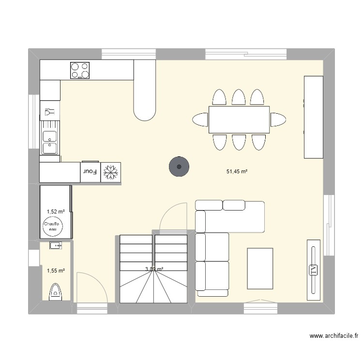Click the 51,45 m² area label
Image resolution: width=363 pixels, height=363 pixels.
[237, 171]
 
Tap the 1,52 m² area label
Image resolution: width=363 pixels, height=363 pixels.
[56, 212]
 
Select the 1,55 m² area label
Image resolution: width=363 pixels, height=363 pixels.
[56, 271]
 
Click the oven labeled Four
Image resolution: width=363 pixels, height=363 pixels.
[91, 172]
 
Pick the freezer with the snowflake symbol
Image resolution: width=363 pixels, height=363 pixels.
[111, 172]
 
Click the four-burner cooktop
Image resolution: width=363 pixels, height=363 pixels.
[80, 70]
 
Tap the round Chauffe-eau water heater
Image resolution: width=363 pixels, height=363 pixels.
[53, 227]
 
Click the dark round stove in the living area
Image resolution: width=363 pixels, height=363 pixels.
[179, 166]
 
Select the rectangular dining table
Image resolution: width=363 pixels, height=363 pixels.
[239, 120]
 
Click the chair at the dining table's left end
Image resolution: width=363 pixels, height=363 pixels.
[200, 120]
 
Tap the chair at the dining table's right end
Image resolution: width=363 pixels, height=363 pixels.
[278, 120]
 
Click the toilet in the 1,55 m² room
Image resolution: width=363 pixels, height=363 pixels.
[56, 292]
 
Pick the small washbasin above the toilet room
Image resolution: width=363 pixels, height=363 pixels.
[56, 245]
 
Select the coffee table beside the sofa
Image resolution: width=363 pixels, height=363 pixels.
[260, 269]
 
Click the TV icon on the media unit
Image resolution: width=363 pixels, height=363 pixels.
[313, 270]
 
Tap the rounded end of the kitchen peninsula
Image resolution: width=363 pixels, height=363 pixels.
[145, 113]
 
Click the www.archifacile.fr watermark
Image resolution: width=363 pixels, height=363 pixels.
[334, 336]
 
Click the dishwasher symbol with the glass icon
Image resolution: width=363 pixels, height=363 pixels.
[50, 111]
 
